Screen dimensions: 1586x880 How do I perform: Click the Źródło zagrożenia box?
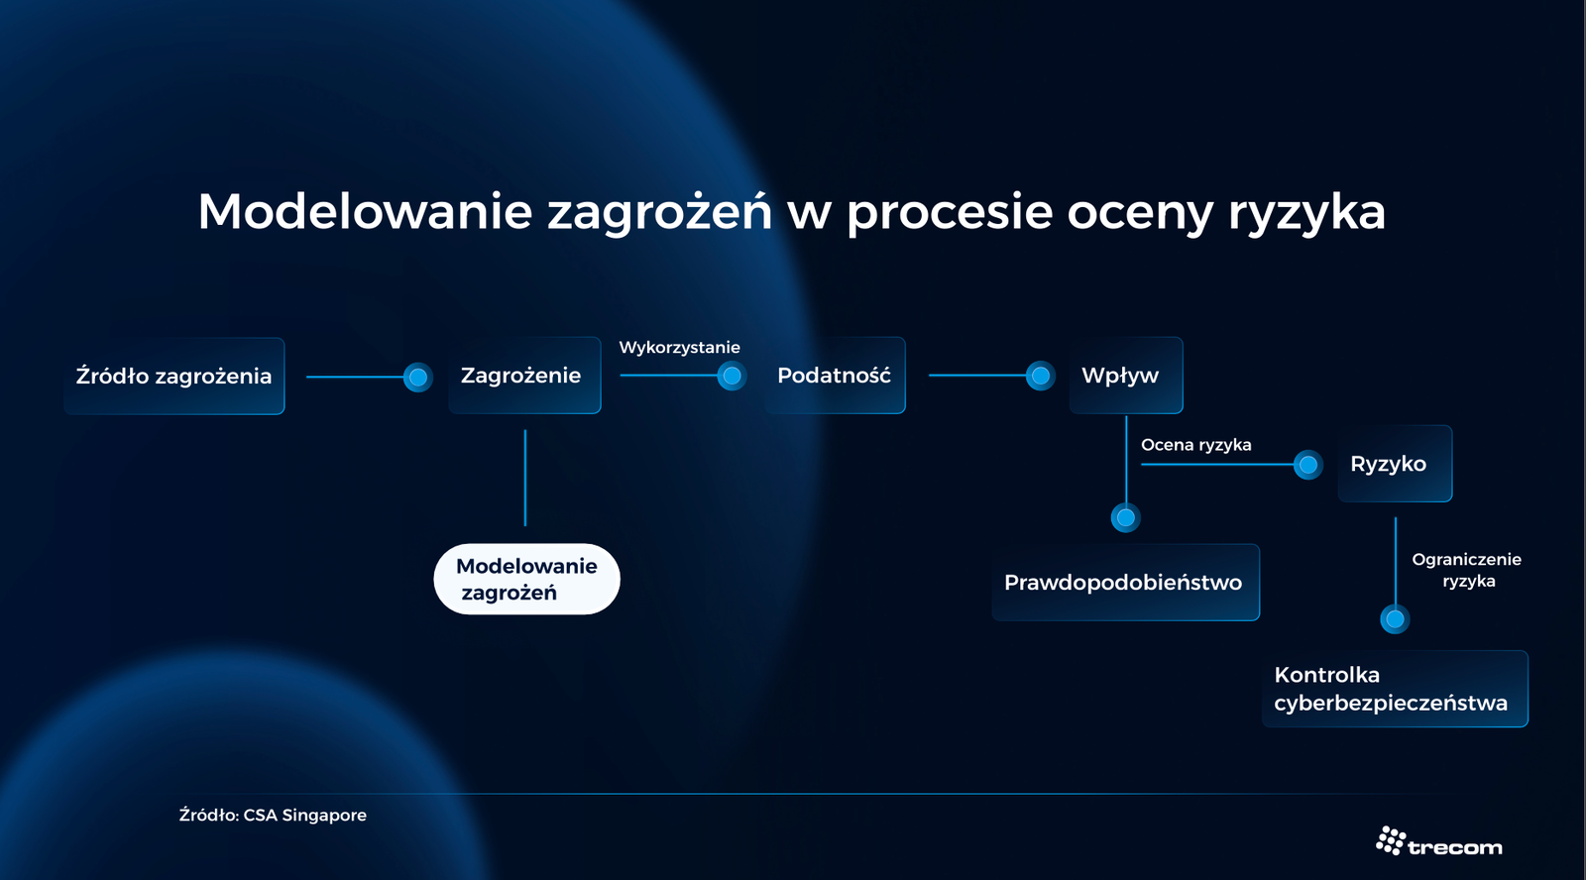pyautogui.click(x=174, y=376)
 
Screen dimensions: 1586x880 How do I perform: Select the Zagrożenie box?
pyautogui.click(x=524, y=376)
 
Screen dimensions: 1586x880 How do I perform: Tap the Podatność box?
pyautogui.click(x=835, y=376)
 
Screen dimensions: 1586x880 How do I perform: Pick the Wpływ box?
pyautogui.click(x=1126, y=376)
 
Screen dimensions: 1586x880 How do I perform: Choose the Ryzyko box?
pyautogui.click(x=1395, y=464)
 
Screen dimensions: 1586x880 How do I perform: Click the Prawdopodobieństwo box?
pyautogui.click(x=1126, y=582)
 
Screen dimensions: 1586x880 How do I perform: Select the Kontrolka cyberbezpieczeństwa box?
pyautogui.click(x=1395, y=689)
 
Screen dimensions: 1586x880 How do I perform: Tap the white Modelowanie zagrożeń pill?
pyautogui.click(x=526, y=579)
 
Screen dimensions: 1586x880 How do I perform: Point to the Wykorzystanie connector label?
pyautogui.click(x=680, y=348)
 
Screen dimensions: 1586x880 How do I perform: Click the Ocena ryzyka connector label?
pyautogui.click(x=1195, y=445)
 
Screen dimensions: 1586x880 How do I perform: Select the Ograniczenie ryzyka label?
pyautogui.click(x=1466, y=570)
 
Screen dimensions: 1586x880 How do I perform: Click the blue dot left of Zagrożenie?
pyautogui.click(x=417, y=377)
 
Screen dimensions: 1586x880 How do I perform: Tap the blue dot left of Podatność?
pyautogui.click(x=732, y=376)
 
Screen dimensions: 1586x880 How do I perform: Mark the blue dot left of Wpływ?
pyautogui.click(x=1040, y=376)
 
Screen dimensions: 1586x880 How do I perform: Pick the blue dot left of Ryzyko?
pyautogui.click(x=1307, y=465)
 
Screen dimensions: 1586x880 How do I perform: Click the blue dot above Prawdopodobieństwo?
pyautogui.click(x=1126, y=517)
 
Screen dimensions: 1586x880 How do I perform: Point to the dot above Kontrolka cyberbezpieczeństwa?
pyautogui.click(x=1395, y=618)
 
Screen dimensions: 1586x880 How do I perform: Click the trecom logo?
pyautogui.click(x=1438, y=841)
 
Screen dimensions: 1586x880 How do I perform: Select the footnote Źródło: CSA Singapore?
pyautogui.click(x=273, y=815)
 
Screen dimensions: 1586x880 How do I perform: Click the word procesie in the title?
pyautogui.click(x=951, y=212)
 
